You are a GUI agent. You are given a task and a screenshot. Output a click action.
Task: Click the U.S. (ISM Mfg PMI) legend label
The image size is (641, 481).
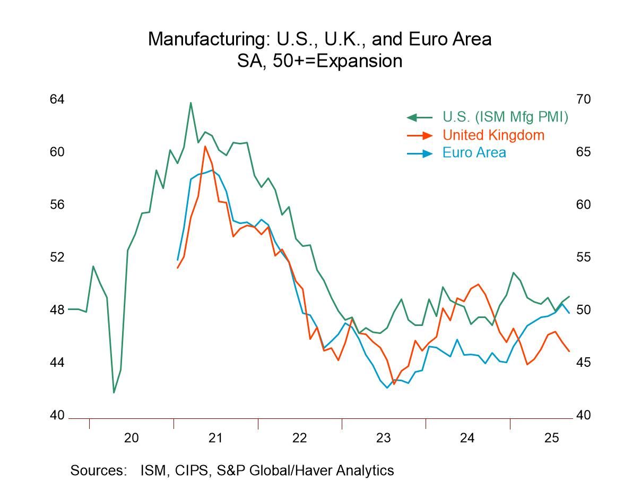[x=505, y=117]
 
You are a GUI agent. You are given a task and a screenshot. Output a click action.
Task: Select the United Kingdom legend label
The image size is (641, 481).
[x=493, y=135]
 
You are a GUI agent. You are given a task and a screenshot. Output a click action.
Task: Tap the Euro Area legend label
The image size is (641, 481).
[x=474, y=152]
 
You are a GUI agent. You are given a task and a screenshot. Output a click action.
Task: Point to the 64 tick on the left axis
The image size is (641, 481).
[x=57, y=99]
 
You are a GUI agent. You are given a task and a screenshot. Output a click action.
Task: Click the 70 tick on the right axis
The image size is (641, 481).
[x=583, y=99]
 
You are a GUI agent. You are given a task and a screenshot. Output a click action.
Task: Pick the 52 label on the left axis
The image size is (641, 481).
[x=57, y=257]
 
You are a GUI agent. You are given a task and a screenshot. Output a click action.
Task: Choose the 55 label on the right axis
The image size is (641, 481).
[x=583, y=257]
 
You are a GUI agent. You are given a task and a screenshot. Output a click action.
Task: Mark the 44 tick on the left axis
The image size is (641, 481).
[x=57, y=363]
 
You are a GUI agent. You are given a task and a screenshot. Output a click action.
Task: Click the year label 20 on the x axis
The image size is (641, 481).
[x=131, y=438]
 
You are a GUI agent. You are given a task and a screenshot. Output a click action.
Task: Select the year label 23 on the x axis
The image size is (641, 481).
[x=383, y=438]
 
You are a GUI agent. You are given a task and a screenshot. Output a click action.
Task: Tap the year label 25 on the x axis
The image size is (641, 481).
[x=551, y=438]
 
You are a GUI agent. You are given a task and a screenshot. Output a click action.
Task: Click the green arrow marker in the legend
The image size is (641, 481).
[x=419, y=117]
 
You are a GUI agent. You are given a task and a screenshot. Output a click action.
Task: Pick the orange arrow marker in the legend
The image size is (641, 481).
[x=419, y=135]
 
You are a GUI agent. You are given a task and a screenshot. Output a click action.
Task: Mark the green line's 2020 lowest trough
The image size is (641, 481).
[x=114, y=393]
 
